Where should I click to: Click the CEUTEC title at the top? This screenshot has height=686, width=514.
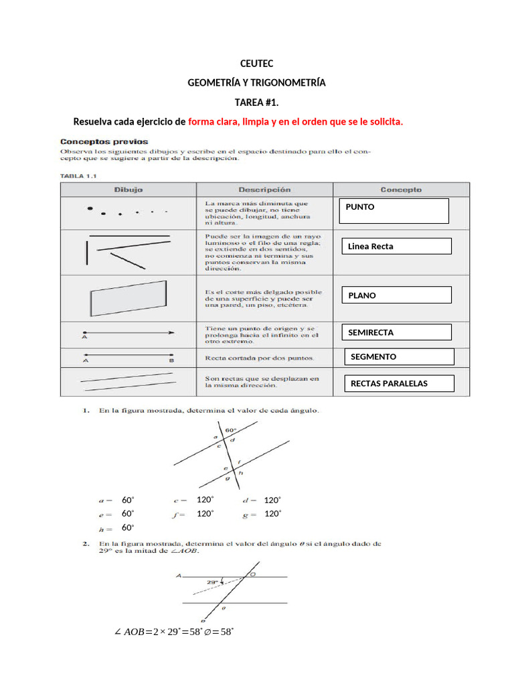click(x=256, y=64)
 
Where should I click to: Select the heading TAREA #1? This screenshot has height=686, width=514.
click(x=256, y=102)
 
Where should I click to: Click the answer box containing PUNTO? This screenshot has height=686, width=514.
click(x=394, y=210)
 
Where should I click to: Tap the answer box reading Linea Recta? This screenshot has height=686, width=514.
click(x=396, y=247)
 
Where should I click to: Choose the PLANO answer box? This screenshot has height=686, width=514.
click(x=396, y=295)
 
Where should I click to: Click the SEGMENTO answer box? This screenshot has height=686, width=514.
click(x=399, y=357)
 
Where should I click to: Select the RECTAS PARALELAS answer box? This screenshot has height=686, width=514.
click(x=399, y=383)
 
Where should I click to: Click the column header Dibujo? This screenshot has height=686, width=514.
click(x=128, y=190)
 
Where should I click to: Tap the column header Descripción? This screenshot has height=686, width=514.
click(x=264, y=190)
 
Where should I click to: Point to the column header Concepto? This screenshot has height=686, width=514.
click(x=402, y=190)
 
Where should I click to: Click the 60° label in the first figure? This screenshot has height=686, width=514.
click(x=231, y=429)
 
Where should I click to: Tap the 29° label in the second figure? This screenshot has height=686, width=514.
click(x=213, y=582)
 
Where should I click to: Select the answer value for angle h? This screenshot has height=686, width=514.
click(x=128, y=528)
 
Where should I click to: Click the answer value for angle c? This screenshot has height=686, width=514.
click(x=205, y=500)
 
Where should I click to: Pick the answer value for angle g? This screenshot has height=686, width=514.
click(x=272, y=514)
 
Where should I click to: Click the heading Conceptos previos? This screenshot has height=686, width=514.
click(x=104, y=142)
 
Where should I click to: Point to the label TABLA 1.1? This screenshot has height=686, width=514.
click(x=79, y=176)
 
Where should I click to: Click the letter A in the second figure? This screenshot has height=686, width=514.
click(x=179, y=575)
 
